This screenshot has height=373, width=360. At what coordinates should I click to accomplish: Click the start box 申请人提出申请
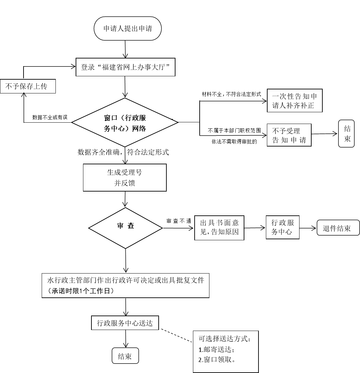[x=127, y=29]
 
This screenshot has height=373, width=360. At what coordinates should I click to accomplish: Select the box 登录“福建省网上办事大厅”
[x=125, y=67]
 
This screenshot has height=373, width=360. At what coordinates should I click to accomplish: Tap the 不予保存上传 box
[x=28, y=86]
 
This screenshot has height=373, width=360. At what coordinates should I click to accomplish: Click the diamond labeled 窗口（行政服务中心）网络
[x=125, y=122]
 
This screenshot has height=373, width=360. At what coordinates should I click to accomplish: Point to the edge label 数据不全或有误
[x=50, y=117]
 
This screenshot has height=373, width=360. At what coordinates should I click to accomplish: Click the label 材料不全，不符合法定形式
[x=232, y=94]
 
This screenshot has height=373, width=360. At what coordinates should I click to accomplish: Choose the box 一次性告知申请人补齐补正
[x=294, y=100]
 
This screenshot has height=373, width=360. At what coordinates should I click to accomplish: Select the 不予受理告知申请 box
[x=289, y=135]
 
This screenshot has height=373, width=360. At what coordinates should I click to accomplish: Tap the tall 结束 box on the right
[x=347, y=133]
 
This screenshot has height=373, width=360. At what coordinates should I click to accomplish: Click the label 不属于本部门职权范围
[x=234, y=130]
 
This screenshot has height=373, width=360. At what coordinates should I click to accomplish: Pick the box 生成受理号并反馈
[x=125, y=177]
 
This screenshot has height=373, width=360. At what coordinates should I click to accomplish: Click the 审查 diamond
[x=125, y=228]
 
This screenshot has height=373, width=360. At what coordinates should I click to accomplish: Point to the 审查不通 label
[x=179, y=221]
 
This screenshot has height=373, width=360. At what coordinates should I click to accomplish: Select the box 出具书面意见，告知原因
[x=219, y=227]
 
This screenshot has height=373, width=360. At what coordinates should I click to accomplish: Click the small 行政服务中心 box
[x=282, y=227]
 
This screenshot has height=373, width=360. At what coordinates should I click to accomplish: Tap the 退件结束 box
[x=338, y=227]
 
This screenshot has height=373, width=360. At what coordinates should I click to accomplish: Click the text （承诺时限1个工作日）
[x=81, y=291]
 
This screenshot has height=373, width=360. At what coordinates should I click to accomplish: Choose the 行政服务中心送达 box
[x=125, y=323]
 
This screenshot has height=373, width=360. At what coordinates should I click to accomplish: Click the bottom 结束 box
[x=125, y=356]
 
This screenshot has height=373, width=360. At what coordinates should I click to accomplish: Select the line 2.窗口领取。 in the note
[x=217, y=360]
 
